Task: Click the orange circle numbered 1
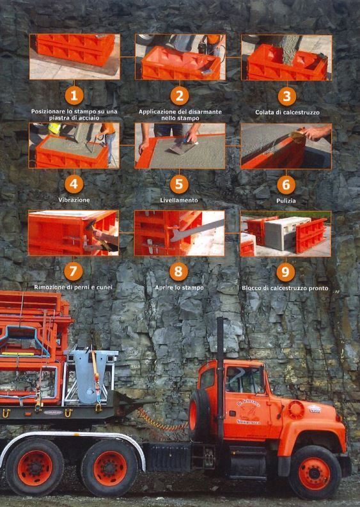pos(74,96)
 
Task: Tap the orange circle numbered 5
pos(179,184)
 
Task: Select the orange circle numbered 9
pos(285,272)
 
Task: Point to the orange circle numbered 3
pos(286,97)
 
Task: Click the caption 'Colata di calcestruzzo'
pos(287,113)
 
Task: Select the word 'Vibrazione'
pos(74,200)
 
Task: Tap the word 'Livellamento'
pos(179,200)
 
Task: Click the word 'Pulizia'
pos(286,201)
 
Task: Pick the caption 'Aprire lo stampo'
pos(179,288)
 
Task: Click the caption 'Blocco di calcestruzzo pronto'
pos(285,288)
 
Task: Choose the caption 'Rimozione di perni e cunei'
pos(73,287)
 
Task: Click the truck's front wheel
pos(315,472)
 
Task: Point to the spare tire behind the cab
pos(200,415)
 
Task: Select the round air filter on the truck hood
pos(295,410)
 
